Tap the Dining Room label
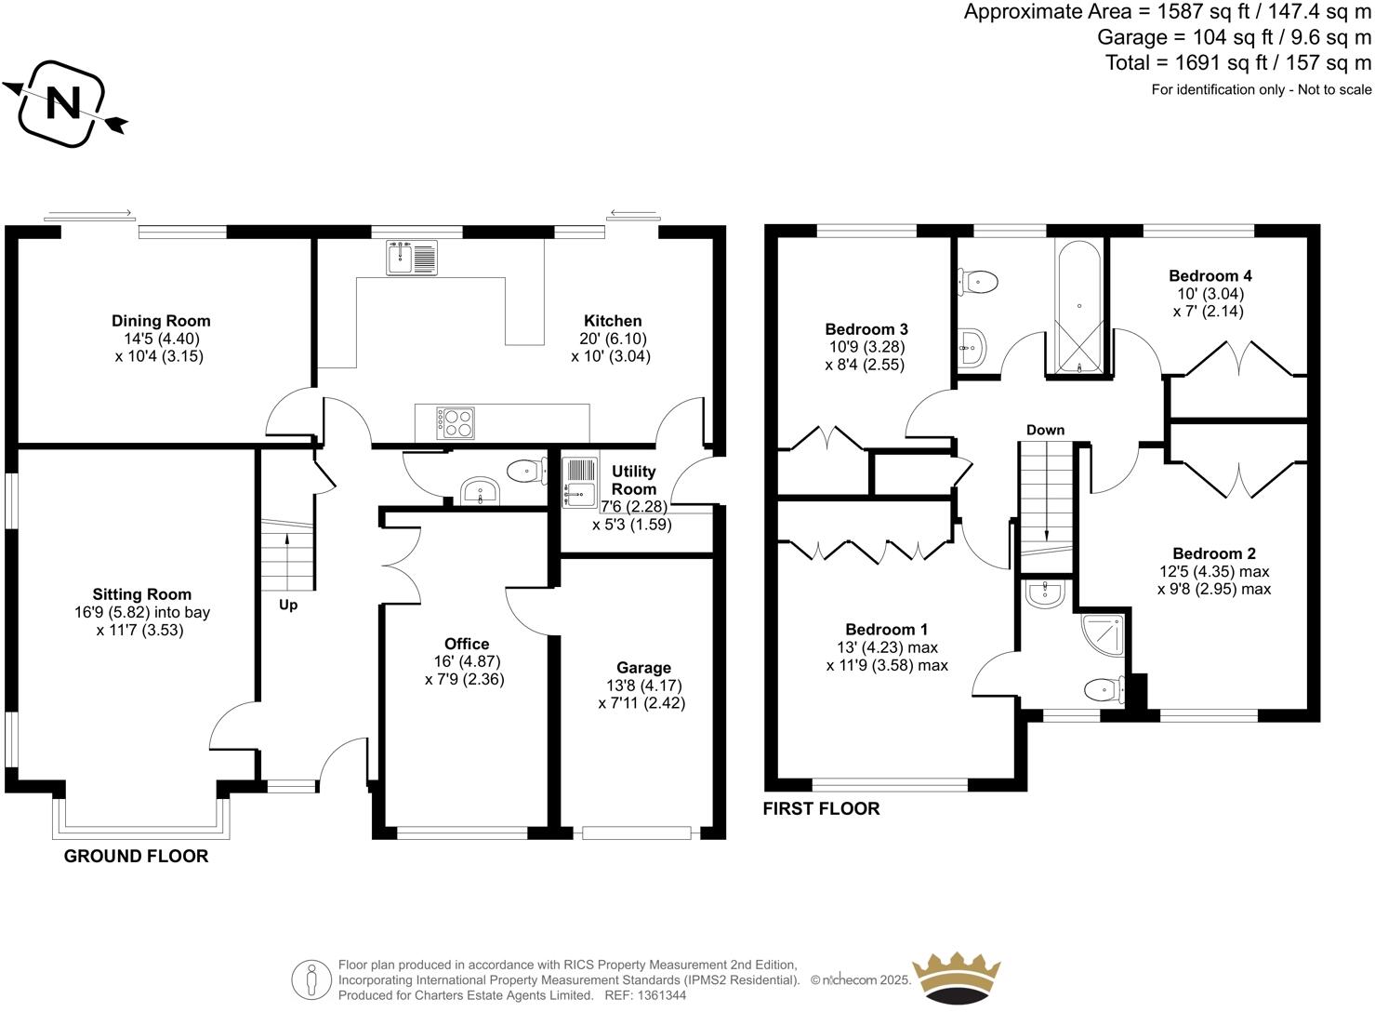tap(161, 322)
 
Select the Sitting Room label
tap(141, 594)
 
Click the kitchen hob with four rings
tap(456, 423)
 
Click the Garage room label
tap(643, 668)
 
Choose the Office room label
tap(467, 644)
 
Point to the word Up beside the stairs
tap(288, 606)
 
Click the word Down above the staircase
tap(1045, 430)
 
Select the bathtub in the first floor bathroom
tap(1078, 307)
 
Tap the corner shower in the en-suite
tap(1104, 634)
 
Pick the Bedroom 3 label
tap(866, 329)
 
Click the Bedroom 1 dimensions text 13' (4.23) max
tap(887, 647)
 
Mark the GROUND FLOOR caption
tap(136, 857)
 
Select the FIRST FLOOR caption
tap(821, 809)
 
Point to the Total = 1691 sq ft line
tap(1237, 62)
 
